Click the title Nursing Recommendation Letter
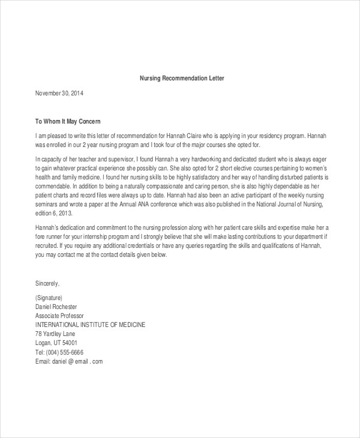click(181, 79)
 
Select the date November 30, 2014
click(59, 94)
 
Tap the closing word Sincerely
click(48, 283)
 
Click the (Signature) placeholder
click(49, 298)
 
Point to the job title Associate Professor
click(60, 316)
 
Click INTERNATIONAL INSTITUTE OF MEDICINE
click(91, 325)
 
